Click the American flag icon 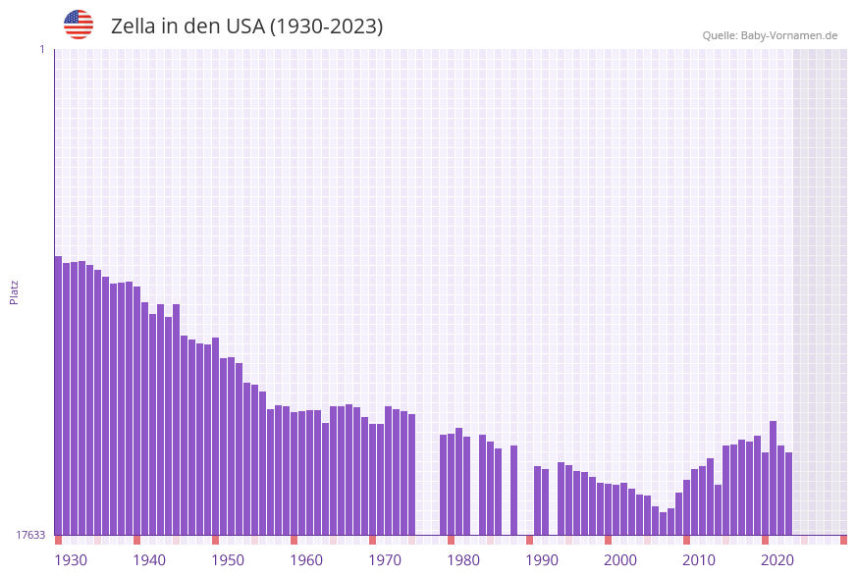[x=79, y=25]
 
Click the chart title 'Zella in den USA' [x=246, y=26]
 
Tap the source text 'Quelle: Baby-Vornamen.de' [x=770, y=35]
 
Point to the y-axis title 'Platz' [x=15, y=291]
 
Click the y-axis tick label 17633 [x=30, y=535]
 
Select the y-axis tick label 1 [x=41, y=49]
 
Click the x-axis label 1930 [x=71, y=559]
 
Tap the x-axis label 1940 [x=149, y=559]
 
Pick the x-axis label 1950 [x=228, y=559]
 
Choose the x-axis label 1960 [x=306, y=559]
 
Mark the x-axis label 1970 [x=385, y=559]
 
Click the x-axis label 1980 [x=463, y=559]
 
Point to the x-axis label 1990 [x=542, y=559]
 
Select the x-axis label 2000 [x=620, y=559]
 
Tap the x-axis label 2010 [x=699, y=559]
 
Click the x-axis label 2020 [x=777, y=559]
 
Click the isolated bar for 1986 [x=513, y=490]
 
